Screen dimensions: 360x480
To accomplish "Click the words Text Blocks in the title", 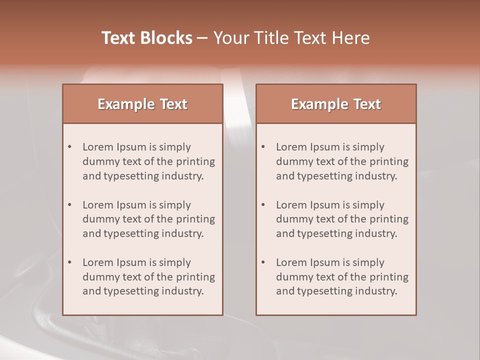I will click(147, 38).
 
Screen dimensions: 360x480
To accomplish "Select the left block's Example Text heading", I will click(142, 104).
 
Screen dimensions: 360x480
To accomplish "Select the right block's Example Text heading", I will click(336, 104).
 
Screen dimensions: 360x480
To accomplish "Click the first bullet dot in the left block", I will click(70, 147).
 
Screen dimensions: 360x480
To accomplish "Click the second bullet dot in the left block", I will click(70, 205).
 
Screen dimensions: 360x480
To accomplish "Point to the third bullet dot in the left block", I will click(70, 262).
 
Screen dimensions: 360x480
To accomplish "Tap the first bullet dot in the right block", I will click(263, 147).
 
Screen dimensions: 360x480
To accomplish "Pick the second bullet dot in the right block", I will click(263, 205).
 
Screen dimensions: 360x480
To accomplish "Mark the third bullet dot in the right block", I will click(263, 262).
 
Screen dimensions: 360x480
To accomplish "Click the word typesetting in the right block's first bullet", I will click(323, 176).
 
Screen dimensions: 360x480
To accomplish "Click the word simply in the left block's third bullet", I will click(175, 262).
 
